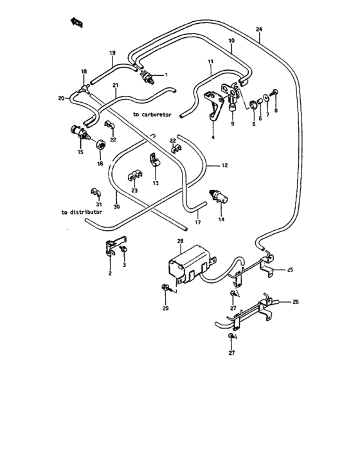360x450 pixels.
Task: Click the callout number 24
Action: click(x=259, y=30)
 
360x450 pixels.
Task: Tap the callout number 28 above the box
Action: click(x=181, y=242)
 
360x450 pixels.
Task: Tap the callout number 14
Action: click(x=222, y=220)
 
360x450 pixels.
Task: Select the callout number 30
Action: click(x=116, y=207)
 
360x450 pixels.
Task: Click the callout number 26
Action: click(x=296, y=301)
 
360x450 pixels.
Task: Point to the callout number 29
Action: click(x=165, y=309)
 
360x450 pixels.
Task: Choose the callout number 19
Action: click(x=112, y=52)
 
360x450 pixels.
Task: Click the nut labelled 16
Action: click(x=100, y=144)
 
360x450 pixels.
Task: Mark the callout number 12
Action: click(x=225, y=166)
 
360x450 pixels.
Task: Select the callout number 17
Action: click(x=198, y=222)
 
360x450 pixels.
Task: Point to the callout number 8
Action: click(x=276, y=111)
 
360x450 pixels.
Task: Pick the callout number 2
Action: click(x=110, y=273)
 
